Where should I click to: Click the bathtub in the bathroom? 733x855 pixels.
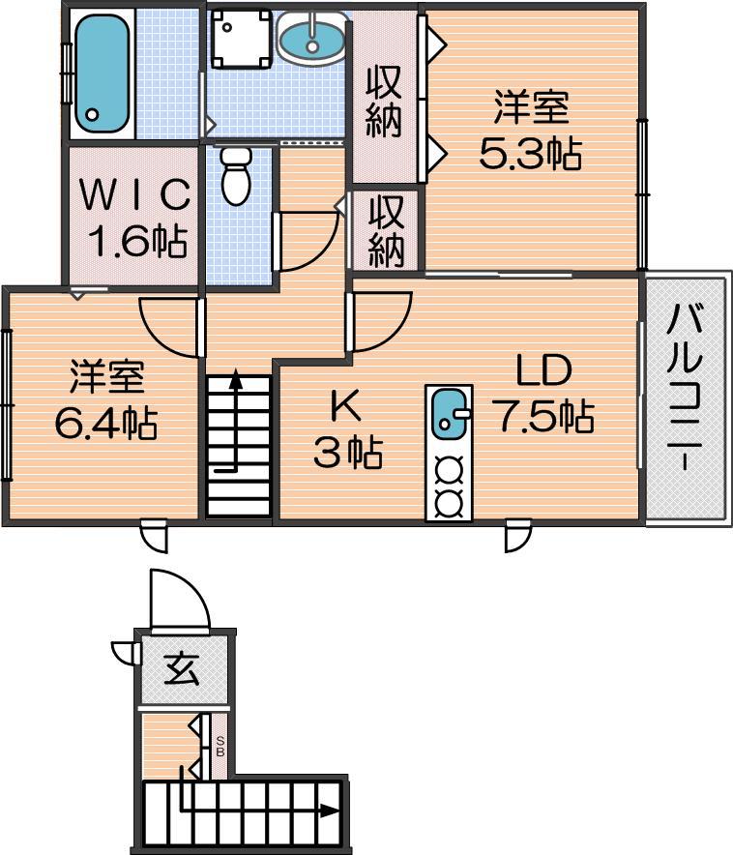point(102,73)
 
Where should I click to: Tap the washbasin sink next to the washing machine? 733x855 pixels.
point(311,38)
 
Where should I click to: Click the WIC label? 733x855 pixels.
point(135,194)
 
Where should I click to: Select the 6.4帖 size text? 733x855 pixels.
point(106,423)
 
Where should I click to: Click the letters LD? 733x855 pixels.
point(543,370)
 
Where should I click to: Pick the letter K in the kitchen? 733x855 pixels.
point(346,406)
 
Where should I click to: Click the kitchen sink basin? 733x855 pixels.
point(449,412)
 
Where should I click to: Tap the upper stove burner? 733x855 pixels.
point(450,470)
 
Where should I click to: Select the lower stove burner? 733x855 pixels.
point(450,502)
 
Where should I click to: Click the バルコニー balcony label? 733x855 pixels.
point(685,388)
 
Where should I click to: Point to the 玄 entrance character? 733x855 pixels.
point(182,668)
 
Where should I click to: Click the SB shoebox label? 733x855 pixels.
point(220,747)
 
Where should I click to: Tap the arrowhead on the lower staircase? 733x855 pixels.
point(330,811)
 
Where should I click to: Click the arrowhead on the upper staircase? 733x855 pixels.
point(235,379)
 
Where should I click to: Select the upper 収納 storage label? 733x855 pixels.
point(384,101)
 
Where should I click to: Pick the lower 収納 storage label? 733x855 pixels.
point(387,231)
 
